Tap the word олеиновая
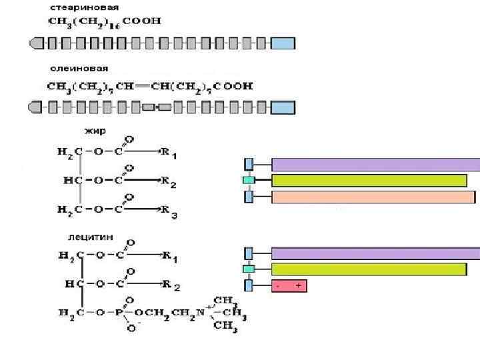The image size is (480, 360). [x=79, y=69]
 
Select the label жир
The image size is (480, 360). [x=91, y=131]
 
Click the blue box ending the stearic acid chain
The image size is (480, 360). [x=283, y=44]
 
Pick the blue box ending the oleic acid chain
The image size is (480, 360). [x=283, y=107]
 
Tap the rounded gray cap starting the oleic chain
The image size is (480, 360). [x=37, y=107]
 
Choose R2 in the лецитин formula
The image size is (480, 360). [x=171, y=285]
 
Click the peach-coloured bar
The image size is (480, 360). [x=373, y=197]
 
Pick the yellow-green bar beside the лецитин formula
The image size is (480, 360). [x=369, y=269]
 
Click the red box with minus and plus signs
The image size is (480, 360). [x=289, y=285]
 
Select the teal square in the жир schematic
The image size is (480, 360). [x=249, y=180]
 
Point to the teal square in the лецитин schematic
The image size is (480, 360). [x=249, y=269]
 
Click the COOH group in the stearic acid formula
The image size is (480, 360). [x=146, y=21]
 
